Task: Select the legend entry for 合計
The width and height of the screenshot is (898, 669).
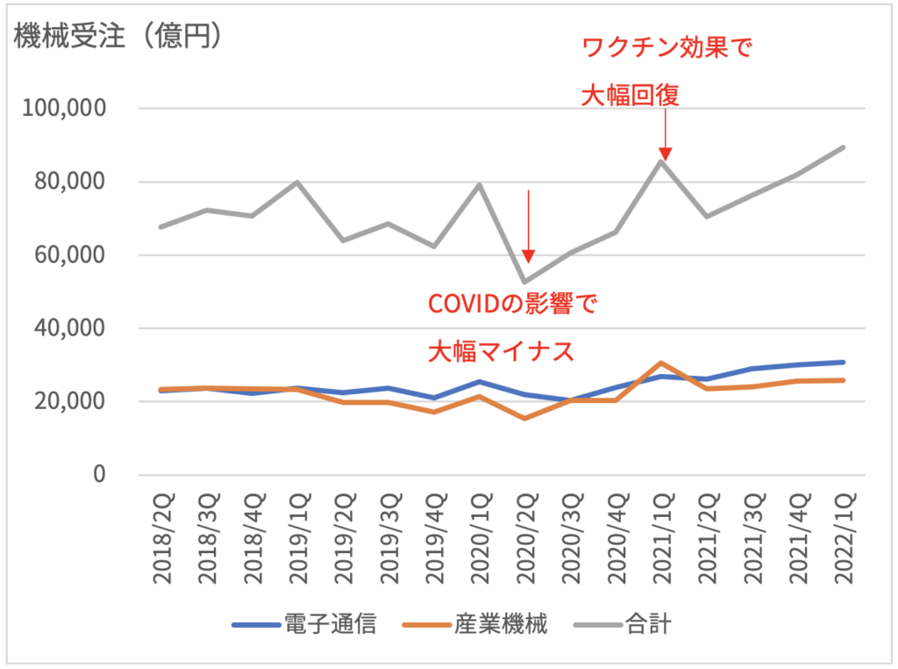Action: tap(624, 625)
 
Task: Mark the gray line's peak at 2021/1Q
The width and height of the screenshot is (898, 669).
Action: tap(664, 161)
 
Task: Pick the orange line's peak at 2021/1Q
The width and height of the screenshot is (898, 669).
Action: tap(664, 363)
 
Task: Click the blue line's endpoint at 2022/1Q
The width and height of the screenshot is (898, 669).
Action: tap(845, 362)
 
